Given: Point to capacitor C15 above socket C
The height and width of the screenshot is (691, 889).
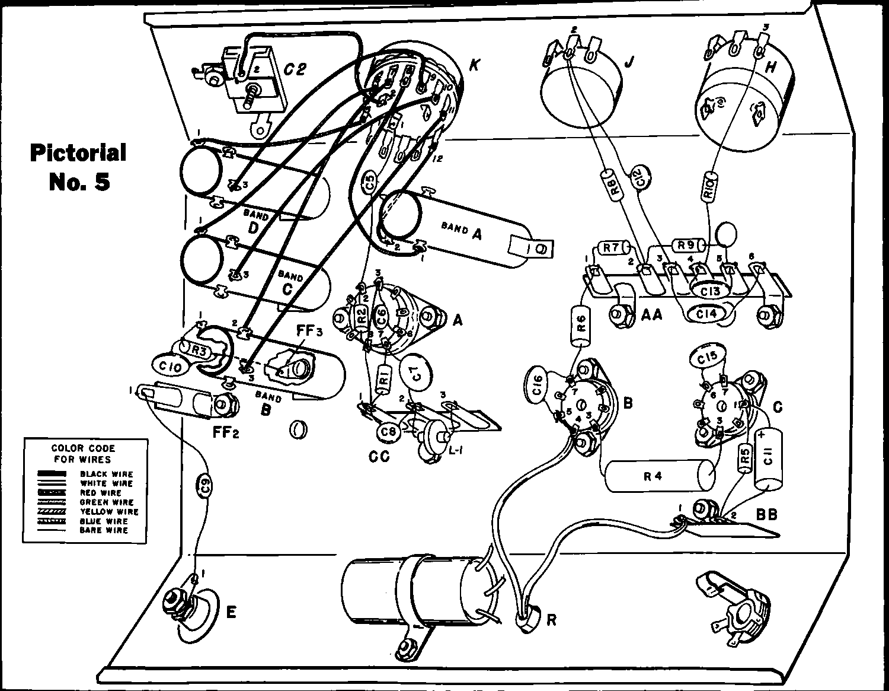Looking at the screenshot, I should [x=707, y=359].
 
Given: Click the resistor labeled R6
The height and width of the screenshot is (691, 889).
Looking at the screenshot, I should [x=581, y=326].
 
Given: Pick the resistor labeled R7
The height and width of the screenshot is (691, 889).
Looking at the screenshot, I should [x=611, y=247].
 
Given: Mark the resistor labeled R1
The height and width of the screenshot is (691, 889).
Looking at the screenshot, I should [x=383, y=378].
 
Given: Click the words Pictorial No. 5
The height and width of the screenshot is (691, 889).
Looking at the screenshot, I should [x=79, y=166].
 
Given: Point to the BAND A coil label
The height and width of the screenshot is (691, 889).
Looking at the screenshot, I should [x=461, y=230].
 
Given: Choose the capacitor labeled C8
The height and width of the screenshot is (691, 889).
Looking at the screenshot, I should [x=388, y=431].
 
